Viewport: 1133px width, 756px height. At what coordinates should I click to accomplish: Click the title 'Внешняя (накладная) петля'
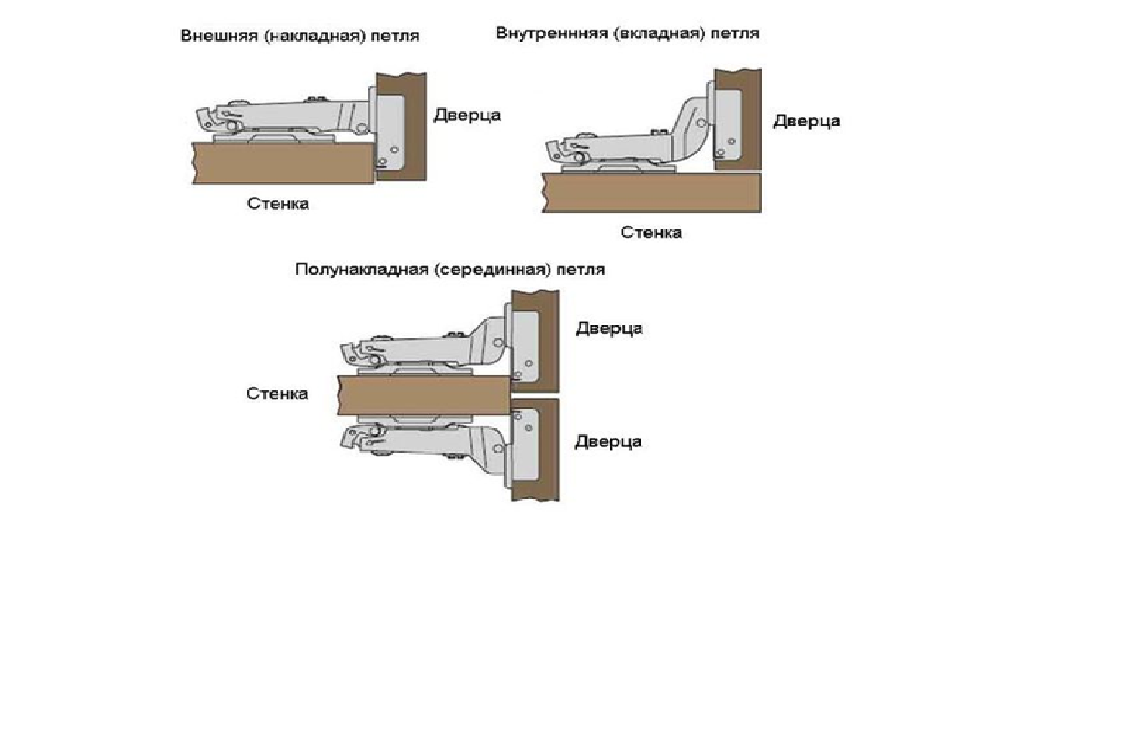pos(300,36)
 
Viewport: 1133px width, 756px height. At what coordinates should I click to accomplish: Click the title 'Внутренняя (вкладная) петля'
pos(627,33)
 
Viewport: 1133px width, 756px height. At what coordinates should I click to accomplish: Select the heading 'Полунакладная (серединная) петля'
pos(450,269)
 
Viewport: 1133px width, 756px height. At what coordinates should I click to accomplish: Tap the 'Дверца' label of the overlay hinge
pos(467,116)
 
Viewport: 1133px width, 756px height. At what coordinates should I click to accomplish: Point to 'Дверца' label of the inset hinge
pos(807,121)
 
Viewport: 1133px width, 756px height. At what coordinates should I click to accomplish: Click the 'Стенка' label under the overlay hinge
pos(278,204)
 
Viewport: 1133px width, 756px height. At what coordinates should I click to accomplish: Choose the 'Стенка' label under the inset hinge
pos(651,232)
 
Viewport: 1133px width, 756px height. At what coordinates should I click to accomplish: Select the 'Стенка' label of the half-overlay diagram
pos(277,394)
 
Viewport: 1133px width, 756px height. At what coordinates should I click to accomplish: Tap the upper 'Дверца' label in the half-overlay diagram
pos(609,329)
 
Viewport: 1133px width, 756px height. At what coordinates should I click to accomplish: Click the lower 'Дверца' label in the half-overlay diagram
pos(608,442)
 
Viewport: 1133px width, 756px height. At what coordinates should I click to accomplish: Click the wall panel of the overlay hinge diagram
pos(283,163)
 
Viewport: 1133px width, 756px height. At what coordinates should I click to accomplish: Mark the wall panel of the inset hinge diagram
pos(651,192)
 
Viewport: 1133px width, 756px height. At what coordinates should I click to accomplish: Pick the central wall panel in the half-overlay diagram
pos(424,395)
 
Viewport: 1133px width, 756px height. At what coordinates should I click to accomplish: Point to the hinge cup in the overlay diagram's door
pos(390,132)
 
